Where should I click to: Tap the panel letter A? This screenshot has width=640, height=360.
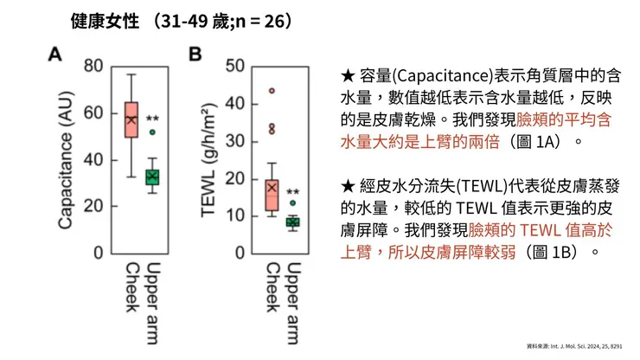[54, 55]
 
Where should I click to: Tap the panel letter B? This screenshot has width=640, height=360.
[195, 55]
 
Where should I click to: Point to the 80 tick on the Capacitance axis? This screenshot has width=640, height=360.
[93, 66]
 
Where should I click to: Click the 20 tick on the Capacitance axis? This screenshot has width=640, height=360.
[93, 206]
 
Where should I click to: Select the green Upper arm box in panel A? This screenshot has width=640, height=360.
[152, 177]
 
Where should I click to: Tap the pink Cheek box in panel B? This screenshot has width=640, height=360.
[272, 194]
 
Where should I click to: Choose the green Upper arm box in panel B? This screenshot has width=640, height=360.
[292, 222]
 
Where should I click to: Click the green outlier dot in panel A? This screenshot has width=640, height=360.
[152, 132]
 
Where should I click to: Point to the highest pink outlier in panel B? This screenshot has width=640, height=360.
[272, 90]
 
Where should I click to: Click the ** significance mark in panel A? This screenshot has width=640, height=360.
[153, 119]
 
